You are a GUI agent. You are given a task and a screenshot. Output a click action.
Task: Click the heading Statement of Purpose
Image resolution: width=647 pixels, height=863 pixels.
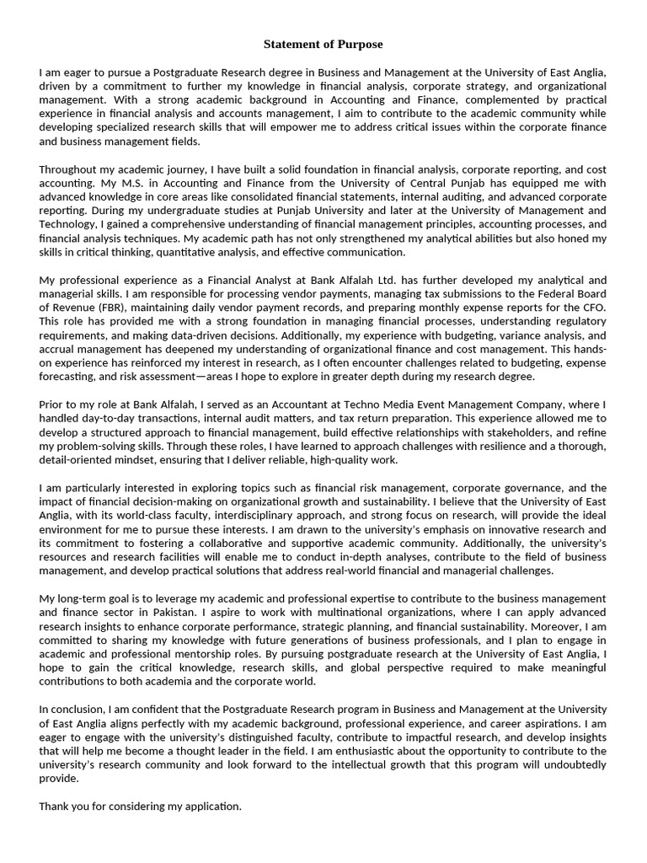(323, 44)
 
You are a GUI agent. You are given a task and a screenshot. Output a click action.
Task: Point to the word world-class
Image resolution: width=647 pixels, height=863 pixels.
(140, 516)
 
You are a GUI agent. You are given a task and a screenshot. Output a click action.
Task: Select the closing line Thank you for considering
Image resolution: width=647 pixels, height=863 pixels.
(140, 807)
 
